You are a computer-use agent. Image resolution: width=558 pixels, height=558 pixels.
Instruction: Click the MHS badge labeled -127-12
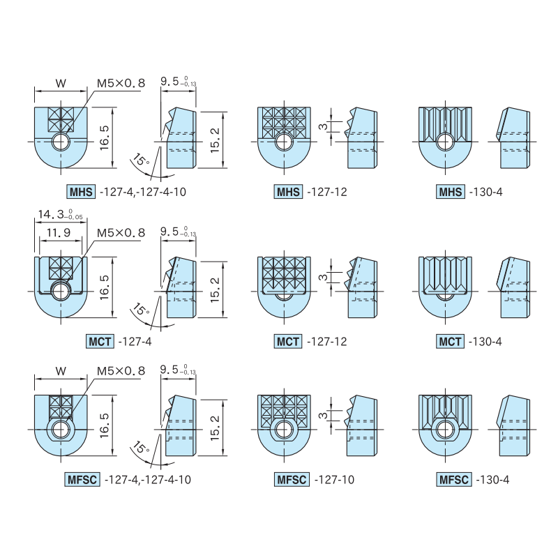point(288,192)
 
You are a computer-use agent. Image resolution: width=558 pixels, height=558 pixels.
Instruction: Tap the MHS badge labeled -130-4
point(450,192)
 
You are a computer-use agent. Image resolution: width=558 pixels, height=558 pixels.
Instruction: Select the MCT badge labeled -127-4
point(100,342)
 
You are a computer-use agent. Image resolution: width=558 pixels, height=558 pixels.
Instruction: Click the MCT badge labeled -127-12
point(288,342)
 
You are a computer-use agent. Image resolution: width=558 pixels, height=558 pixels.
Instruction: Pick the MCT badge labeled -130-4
point(450,342)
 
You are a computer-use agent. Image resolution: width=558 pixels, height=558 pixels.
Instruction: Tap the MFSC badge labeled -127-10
point(292,479)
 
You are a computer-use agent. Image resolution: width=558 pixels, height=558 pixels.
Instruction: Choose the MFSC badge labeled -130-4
point(454,479)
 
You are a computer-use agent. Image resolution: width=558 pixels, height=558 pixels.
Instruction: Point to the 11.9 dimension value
point(59,233)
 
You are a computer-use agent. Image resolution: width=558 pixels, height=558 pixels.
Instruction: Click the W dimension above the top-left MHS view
point(61,83)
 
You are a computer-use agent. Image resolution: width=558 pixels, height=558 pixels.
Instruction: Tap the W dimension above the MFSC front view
point(61,371)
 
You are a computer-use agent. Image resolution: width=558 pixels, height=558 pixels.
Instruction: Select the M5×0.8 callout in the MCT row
point(121,233)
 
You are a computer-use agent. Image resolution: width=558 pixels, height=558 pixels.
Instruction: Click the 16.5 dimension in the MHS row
point(104,137)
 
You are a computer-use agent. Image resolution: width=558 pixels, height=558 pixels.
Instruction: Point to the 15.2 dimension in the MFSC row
point(216,428)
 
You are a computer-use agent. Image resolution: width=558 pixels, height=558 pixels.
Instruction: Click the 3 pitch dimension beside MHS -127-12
point(323,126)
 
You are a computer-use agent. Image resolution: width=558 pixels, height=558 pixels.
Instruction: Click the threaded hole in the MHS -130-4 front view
point(445,142)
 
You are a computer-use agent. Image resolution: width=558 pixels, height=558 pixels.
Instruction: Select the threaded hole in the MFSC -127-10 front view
point(284,430)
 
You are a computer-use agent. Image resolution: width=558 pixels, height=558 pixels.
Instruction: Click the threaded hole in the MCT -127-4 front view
point(61,292)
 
